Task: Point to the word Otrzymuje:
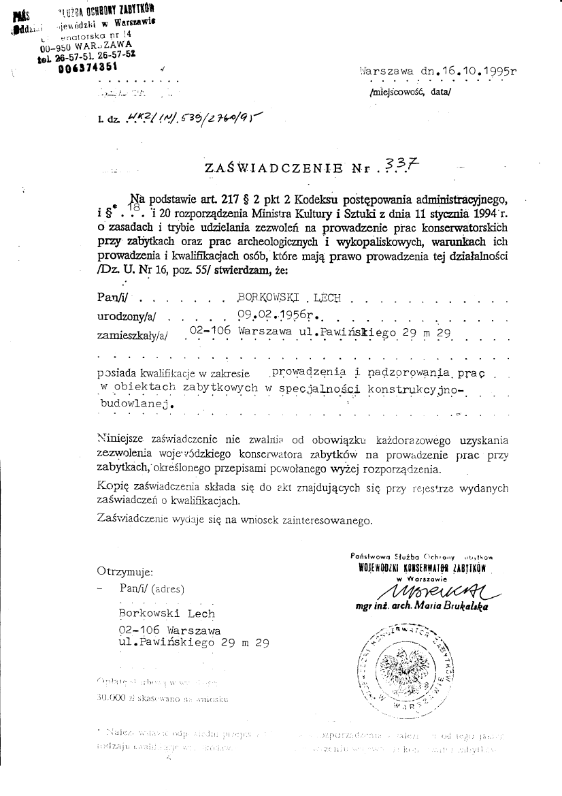[125, 571]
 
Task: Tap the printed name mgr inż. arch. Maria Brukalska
[426, 605]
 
